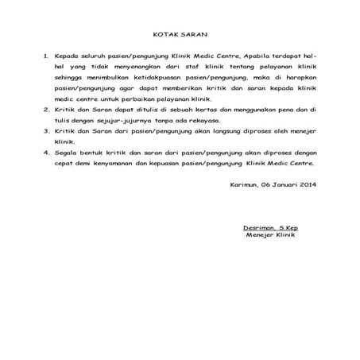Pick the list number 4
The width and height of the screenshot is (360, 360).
[45, 151]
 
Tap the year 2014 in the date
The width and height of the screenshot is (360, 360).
[304, 186]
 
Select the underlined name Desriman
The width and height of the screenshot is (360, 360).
[261, 228]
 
